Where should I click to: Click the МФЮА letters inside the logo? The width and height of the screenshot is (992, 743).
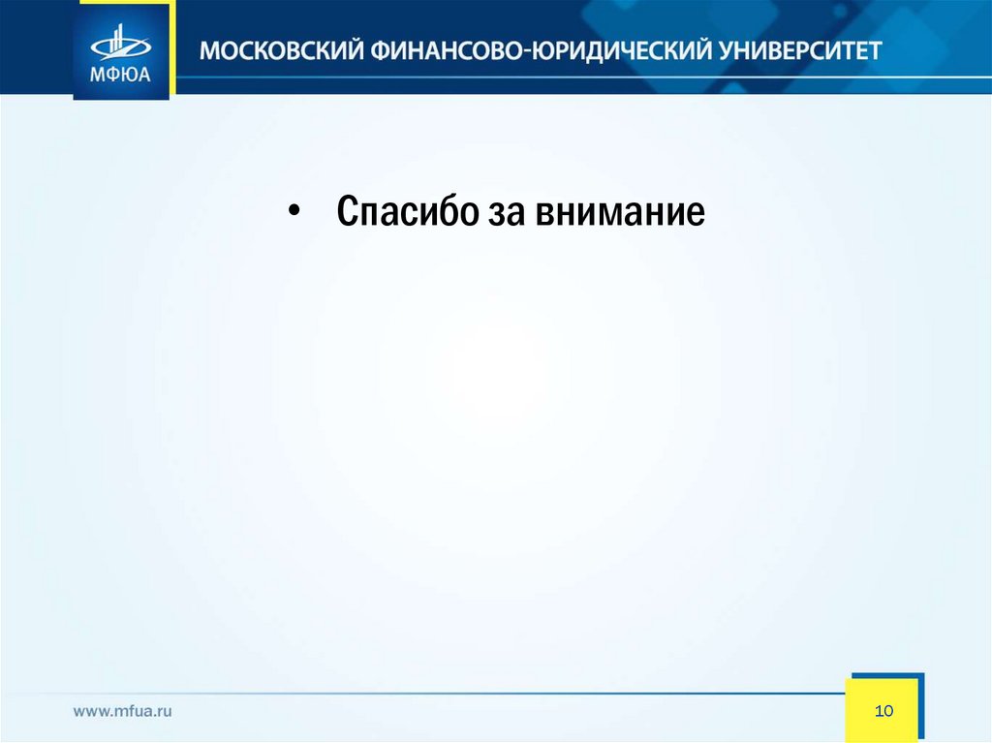tap(120, 75)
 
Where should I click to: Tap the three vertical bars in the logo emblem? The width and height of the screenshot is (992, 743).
tap(118, 39)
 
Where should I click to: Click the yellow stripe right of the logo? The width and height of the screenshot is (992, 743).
tap(172, 48)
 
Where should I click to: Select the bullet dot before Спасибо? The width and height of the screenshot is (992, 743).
tap(293, 212)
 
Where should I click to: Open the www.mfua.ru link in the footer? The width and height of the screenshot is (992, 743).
tap(123, 711)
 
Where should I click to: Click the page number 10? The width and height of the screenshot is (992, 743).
tap(883, 711)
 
